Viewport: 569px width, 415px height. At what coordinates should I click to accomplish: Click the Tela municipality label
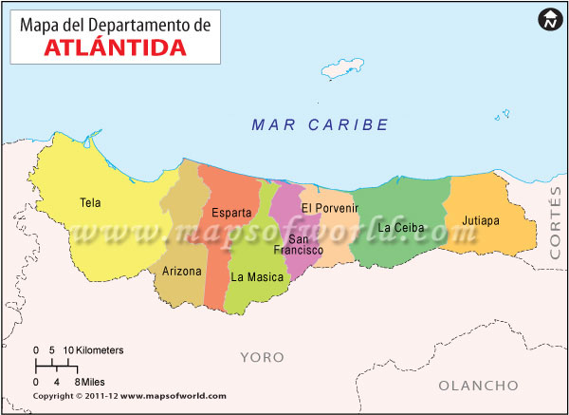(90, 201)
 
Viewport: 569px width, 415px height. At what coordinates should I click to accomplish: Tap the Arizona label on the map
(181, 272)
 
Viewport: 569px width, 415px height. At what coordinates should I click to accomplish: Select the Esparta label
(231, 212)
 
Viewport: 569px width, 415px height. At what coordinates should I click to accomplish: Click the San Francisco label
(299, 245)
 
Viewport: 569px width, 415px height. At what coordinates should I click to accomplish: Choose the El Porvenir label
(330, 208)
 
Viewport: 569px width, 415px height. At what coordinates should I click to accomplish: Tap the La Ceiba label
(401, 228)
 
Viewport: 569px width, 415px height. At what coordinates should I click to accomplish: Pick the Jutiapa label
(481, 220)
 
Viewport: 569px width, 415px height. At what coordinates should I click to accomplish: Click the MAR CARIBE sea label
(321, 124)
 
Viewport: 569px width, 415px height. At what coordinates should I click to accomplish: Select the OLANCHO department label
(479, 386)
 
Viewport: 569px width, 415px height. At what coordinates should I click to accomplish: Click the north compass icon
(549, 19)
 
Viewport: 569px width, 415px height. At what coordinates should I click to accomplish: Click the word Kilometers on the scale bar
(100, 350)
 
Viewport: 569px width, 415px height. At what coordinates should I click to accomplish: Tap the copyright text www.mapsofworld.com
(174, 396)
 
